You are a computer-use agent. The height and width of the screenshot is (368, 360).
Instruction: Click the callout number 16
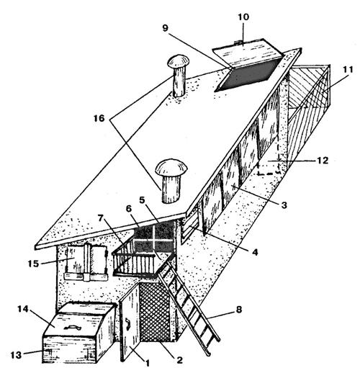(x=99, y=118)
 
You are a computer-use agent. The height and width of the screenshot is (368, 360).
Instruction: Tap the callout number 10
(x=243, y=17)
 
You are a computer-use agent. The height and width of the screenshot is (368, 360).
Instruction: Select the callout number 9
(x=166, y=28)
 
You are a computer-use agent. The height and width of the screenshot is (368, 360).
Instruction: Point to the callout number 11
(x=348, y=70)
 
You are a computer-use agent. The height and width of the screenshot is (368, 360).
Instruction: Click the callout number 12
(x=323, y=161)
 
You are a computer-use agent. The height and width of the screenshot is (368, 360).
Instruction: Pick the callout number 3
(x=284, y=205)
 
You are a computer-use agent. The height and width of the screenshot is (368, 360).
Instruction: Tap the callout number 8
(x=239, y=310)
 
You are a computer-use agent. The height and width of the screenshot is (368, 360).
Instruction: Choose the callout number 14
(x=23, y=310)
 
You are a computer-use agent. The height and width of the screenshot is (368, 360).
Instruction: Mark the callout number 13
(x=16, y=355)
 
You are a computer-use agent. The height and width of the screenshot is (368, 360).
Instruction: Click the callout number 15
(x=33, y=264)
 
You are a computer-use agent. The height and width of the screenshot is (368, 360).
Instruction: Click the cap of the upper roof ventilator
(x=178, y=63)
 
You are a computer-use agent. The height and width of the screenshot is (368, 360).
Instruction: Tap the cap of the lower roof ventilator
(x=171, y=166)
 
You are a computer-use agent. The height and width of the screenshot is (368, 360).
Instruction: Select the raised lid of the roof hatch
(x=248, y=52)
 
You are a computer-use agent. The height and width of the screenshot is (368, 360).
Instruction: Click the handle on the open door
(x=127, y=326)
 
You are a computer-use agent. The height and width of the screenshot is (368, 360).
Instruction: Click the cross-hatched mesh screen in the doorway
(x=156, y=312)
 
